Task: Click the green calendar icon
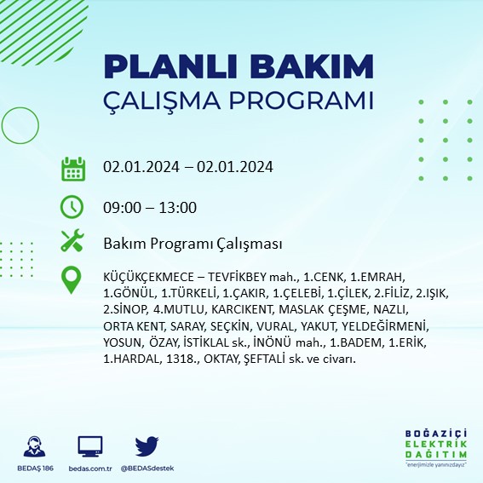pos(73,168)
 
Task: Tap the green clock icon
pos(72,207)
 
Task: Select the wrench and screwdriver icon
pos(72,242)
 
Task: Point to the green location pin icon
pos(72,279)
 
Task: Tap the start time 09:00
pos(122,207)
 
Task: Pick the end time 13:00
pos(178,207)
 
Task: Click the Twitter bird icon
pos(147,445)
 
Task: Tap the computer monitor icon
pos(90,445)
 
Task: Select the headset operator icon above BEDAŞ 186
pos(35,445)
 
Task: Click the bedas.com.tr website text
pos(90,469)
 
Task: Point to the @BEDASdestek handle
pos(148,469)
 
